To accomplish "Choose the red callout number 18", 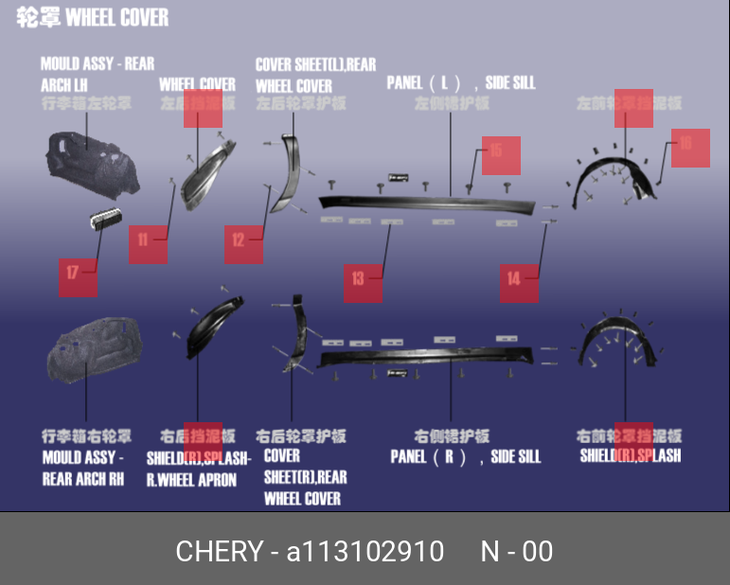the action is tap(690, 148).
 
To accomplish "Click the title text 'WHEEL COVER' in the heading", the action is tap(117, 18).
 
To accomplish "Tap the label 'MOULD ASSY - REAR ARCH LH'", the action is tap(97, 74).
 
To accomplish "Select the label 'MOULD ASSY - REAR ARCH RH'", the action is tap(83, 468).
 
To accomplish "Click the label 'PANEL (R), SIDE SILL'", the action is tap(466, 456).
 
